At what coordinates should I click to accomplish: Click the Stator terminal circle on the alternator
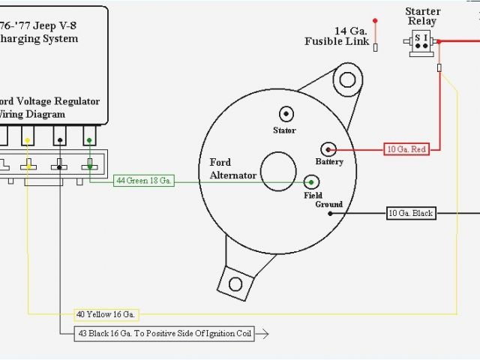pos(286,114)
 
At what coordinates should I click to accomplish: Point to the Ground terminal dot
pos(329,213)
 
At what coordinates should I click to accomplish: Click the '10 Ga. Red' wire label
pos(406,149)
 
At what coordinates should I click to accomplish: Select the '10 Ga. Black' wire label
pos(410,213)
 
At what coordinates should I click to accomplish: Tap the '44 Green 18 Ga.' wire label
pos(144,181)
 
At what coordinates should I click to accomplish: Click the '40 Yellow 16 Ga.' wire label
pos(106,314)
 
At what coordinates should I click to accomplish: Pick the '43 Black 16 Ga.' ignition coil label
pos(164,333)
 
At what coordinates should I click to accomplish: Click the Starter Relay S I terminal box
pos(422,44)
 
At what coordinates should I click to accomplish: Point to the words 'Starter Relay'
pos(422,16)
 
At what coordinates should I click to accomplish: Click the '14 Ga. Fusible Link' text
pos(337,36)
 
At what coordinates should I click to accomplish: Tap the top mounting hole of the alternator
pos(346,79)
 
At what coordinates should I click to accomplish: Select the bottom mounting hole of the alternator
pos(235,283)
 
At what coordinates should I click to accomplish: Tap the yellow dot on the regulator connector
pos(27,140)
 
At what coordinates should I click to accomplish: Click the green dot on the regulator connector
pos(89,140)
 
